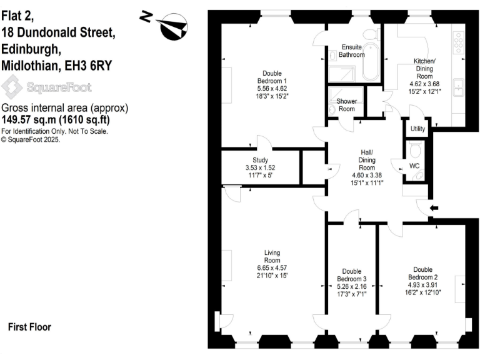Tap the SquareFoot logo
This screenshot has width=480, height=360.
47,87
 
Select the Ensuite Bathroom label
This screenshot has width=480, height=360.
351,51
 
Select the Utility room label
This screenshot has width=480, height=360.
417,129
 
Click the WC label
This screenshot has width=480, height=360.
414,166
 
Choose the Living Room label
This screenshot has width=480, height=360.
272,256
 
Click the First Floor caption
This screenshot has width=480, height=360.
29,327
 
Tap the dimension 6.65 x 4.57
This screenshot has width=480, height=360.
272,267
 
